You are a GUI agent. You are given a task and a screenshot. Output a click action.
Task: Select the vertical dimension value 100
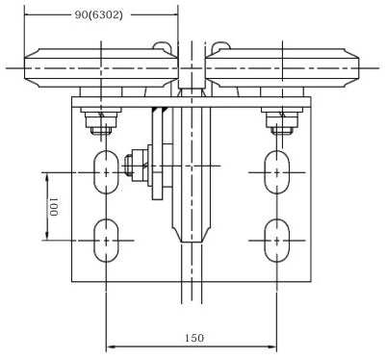[54, 205]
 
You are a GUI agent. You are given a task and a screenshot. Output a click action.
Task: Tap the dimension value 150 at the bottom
[193, 338]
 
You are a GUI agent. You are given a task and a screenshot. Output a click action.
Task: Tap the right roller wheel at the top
[285, 68]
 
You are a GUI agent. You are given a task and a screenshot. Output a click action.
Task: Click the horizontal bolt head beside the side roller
[132, 166]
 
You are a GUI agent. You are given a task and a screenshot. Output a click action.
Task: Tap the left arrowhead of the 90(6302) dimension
[27, 16]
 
